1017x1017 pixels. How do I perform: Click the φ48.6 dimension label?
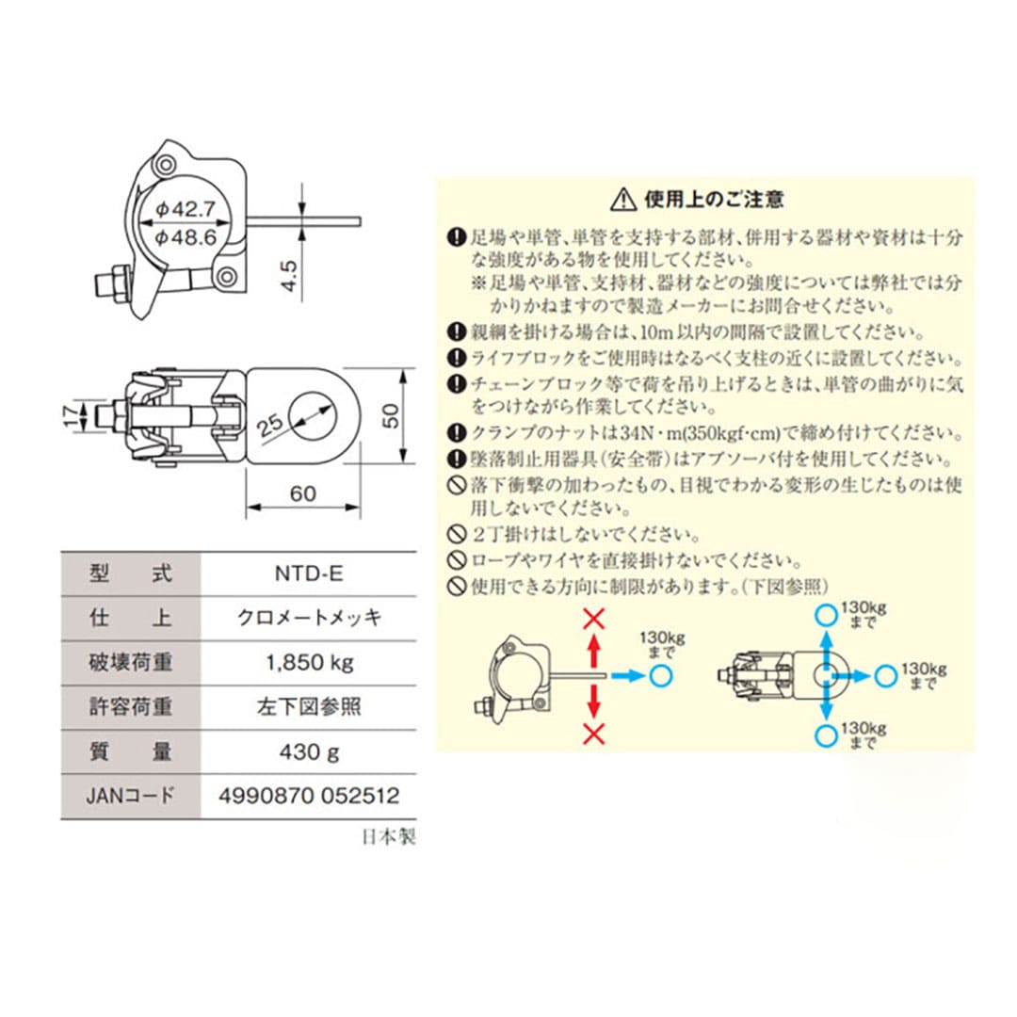click(x=187, y=239)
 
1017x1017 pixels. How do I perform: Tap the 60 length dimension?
click(x=302, y=494)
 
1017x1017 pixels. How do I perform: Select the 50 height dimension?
click(x=392, y=415)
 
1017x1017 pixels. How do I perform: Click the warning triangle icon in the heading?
click(x=623, y=199)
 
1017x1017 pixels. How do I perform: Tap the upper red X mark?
click(x=592, y=619)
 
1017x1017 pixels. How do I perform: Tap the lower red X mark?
click(x=592, y=734)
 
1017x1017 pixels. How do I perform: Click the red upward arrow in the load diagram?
click(x=593, y=650)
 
